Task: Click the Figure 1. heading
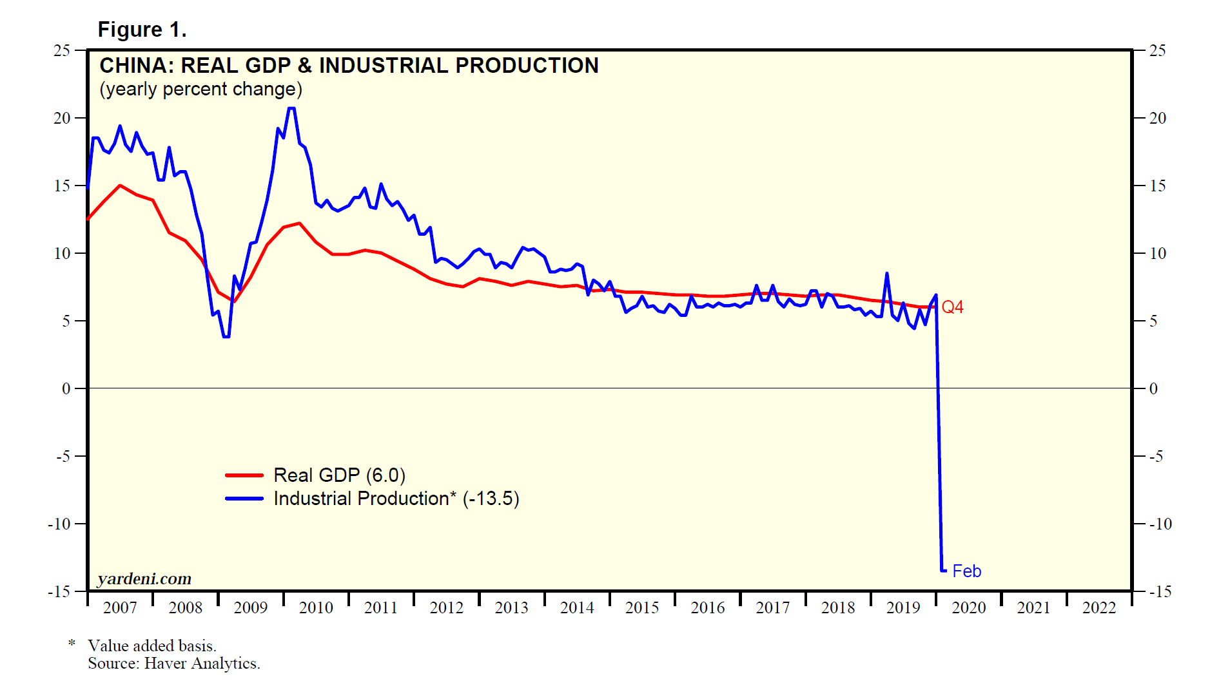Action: (142, 30)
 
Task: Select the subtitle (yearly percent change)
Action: (200, 89)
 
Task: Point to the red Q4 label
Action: (952, 307)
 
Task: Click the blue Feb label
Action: (966, 571)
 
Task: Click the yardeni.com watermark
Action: (144, 578)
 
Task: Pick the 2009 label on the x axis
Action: (250, 607)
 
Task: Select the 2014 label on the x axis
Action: (576, 607)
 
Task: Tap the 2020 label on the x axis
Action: (968, 607)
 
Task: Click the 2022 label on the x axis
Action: (1098, 607)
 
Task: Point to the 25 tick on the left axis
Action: (62, 50)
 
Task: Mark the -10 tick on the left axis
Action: (59, 524)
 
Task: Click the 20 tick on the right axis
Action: (1158, 118)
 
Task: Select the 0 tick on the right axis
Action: (1153, 388)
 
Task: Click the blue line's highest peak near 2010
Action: (291, 108)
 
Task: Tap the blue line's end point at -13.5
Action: (944, 571)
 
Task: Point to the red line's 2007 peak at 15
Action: (120, 186)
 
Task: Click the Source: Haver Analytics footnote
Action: (174, 664)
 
